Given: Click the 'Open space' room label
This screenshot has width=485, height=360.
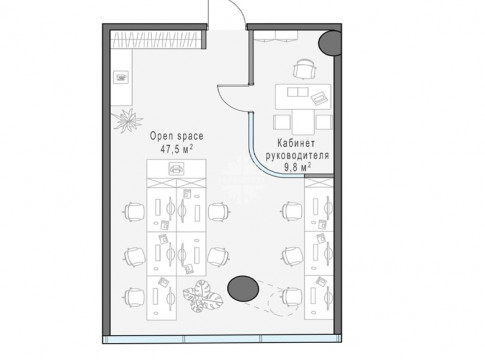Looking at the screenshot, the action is click(x=176, y=136).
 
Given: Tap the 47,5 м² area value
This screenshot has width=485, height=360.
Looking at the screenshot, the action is click(x=177, y=149).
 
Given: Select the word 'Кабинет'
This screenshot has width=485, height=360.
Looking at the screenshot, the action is click(x=296, y=143).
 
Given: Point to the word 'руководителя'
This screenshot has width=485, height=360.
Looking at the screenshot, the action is click(x=297, y=155).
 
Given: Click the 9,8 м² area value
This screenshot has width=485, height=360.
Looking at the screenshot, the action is click(x=297, y=167).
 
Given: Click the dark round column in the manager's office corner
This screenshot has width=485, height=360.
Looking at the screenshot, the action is click(x=330, y=43).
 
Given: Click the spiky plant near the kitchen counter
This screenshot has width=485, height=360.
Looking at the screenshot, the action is click(x=126, y=119).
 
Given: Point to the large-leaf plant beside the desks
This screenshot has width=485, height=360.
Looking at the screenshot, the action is click(x=202, y=296).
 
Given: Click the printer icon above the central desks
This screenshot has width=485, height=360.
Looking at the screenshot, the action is click(x=176, y=169).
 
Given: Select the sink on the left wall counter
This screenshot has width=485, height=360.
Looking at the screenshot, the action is click(x=121, y=77).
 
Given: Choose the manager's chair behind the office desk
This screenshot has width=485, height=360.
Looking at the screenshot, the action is click(x=304, y=69).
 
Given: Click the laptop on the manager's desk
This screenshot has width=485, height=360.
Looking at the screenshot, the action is click(x=319, y=98).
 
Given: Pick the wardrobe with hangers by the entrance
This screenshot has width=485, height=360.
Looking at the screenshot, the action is click(x=157, y=40).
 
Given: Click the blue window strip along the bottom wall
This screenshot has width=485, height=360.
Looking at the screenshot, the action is click(x=222, y=339).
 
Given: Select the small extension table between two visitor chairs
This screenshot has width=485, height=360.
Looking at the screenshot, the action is click(x=303, y=122).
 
